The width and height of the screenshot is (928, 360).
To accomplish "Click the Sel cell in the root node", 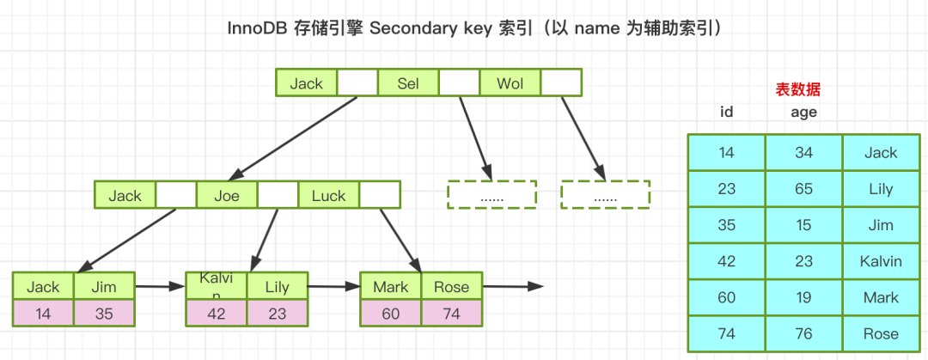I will point(408,83).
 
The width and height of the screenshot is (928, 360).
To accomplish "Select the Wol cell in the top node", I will point(510,83).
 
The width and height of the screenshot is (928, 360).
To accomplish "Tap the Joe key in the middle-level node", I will point(227,195).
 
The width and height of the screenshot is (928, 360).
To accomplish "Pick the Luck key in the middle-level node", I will point(328,195).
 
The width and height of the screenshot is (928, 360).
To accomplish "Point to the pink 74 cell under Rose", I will point(451,314).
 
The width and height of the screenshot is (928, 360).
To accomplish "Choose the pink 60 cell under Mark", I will point(390,314).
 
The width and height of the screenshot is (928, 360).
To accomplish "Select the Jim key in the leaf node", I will point(105,287).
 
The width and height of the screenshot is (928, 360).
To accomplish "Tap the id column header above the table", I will point(727,112).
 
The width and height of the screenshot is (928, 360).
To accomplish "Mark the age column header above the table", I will point(803,112).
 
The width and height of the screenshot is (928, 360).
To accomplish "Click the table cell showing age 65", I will point(803,189).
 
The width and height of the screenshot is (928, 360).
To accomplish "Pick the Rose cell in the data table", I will point(881,333).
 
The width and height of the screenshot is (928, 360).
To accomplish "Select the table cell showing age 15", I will point(803,225).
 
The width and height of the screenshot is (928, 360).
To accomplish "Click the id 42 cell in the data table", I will point(727,261).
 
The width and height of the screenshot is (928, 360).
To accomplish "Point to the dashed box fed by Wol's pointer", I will point(605,195).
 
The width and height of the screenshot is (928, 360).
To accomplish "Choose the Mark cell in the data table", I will point(881,297).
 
